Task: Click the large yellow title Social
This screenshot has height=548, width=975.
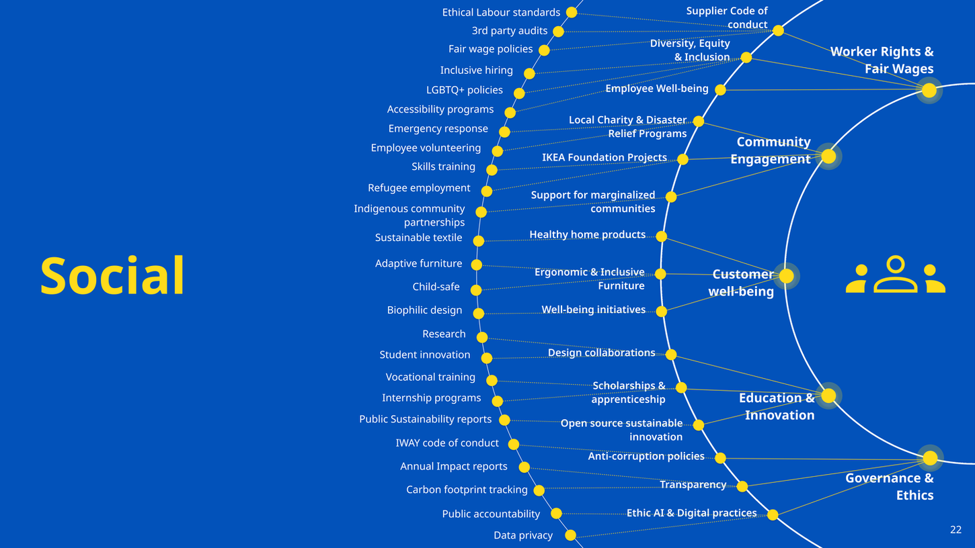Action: tap(112, 276)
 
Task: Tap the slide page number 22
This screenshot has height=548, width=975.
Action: tap(955, 530)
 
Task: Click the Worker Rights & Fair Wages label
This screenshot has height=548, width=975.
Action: tap(882, 60)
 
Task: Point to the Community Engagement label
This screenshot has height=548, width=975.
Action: tap(771, 150)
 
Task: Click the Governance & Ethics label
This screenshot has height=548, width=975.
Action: tap(889, 486)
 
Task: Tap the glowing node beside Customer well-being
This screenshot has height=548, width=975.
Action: tap(786, 276)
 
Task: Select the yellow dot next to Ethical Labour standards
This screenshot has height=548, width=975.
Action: tap(572, 12)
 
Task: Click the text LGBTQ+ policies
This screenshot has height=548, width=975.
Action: tap(465, 90)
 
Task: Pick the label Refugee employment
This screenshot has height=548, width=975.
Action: tap(419, 188)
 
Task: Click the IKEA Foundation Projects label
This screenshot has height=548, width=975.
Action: tap(604, 158)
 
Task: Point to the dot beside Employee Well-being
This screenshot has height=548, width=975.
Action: tap(721, 90)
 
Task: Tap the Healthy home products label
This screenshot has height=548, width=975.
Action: tap(587, 235)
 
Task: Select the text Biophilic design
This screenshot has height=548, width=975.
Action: tap(424, 310)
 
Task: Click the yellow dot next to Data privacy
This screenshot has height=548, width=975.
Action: tap(570, 535)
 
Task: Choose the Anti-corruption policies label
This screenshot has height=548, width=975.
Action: tap(646, 457)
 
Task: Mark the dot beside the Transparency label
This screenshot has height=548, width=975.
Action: tap(742, 486)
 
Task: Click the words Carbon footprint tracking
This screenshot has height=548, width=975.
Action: tap(467, 490)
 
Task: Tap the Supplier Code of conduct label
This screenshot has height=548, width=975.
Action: tap(727, 17)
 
